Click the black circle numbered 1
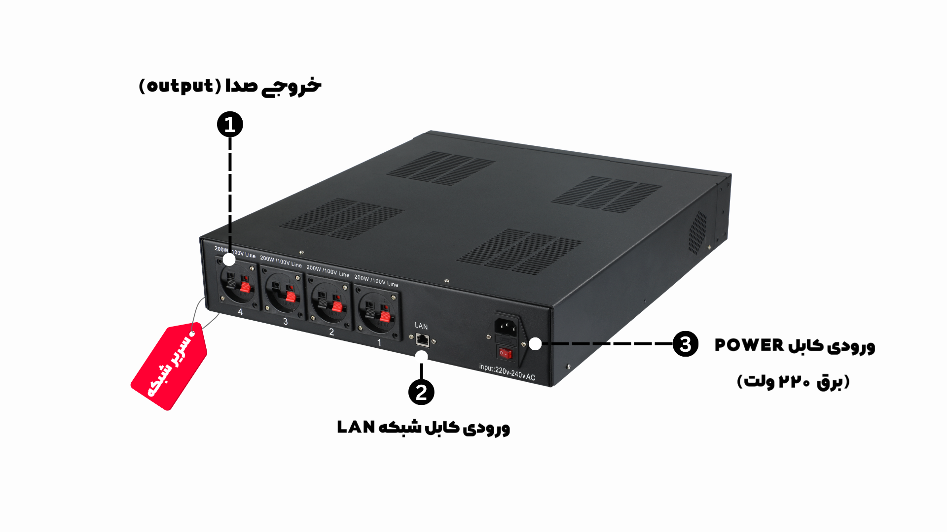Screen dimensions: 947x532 (x=230, y=124)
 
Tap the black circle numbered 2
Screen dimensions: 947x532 (x=421, y=392)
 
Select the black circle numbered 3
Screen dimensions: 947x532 (x=686, y=344)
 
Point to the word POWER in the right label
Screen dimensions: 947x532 (x=749, y=345)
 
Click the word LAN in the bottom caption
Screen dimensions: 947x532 (x=356, y=427)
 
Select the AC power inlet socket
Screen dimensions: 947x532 (x=506, y=326)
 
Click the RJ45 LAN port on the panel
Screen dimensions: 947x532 (x=423, y=339)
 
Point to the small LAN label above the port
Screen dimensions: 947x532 (x=421, y=326)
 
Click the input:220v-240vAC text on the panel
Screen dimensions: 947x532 (x=507, y=372)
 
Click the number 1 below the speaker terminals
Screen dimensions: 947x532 (x=379, y=343)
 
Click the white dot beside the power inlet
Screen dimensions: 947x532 (x=535, y=344)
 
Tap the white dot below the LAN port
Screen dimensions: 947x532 (x=421, y=356)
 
